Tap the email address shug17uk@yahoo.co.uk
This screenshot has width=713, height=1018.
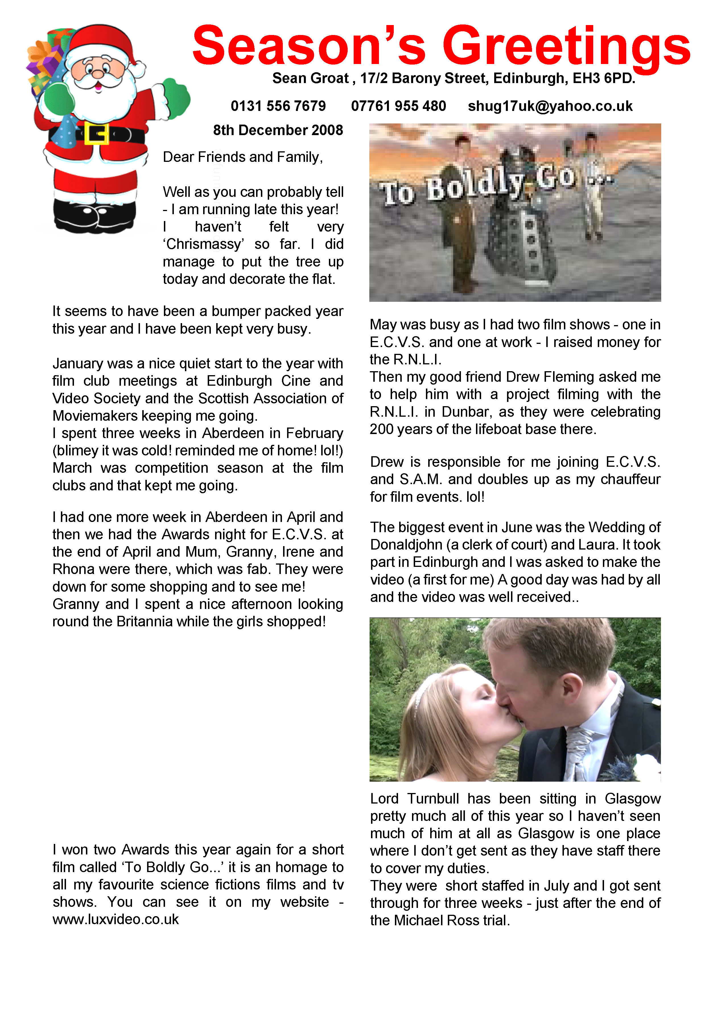550,106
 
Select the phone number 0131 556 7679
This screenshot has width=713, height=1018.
278,106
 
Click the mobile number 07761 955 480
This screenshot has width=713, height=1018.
398,106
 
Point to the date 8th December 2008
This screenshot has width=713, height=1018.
278,130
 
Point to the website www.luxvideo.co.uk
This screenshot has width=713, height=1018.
115,919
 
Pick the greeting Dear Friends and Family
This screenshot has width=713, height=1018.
242,157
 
